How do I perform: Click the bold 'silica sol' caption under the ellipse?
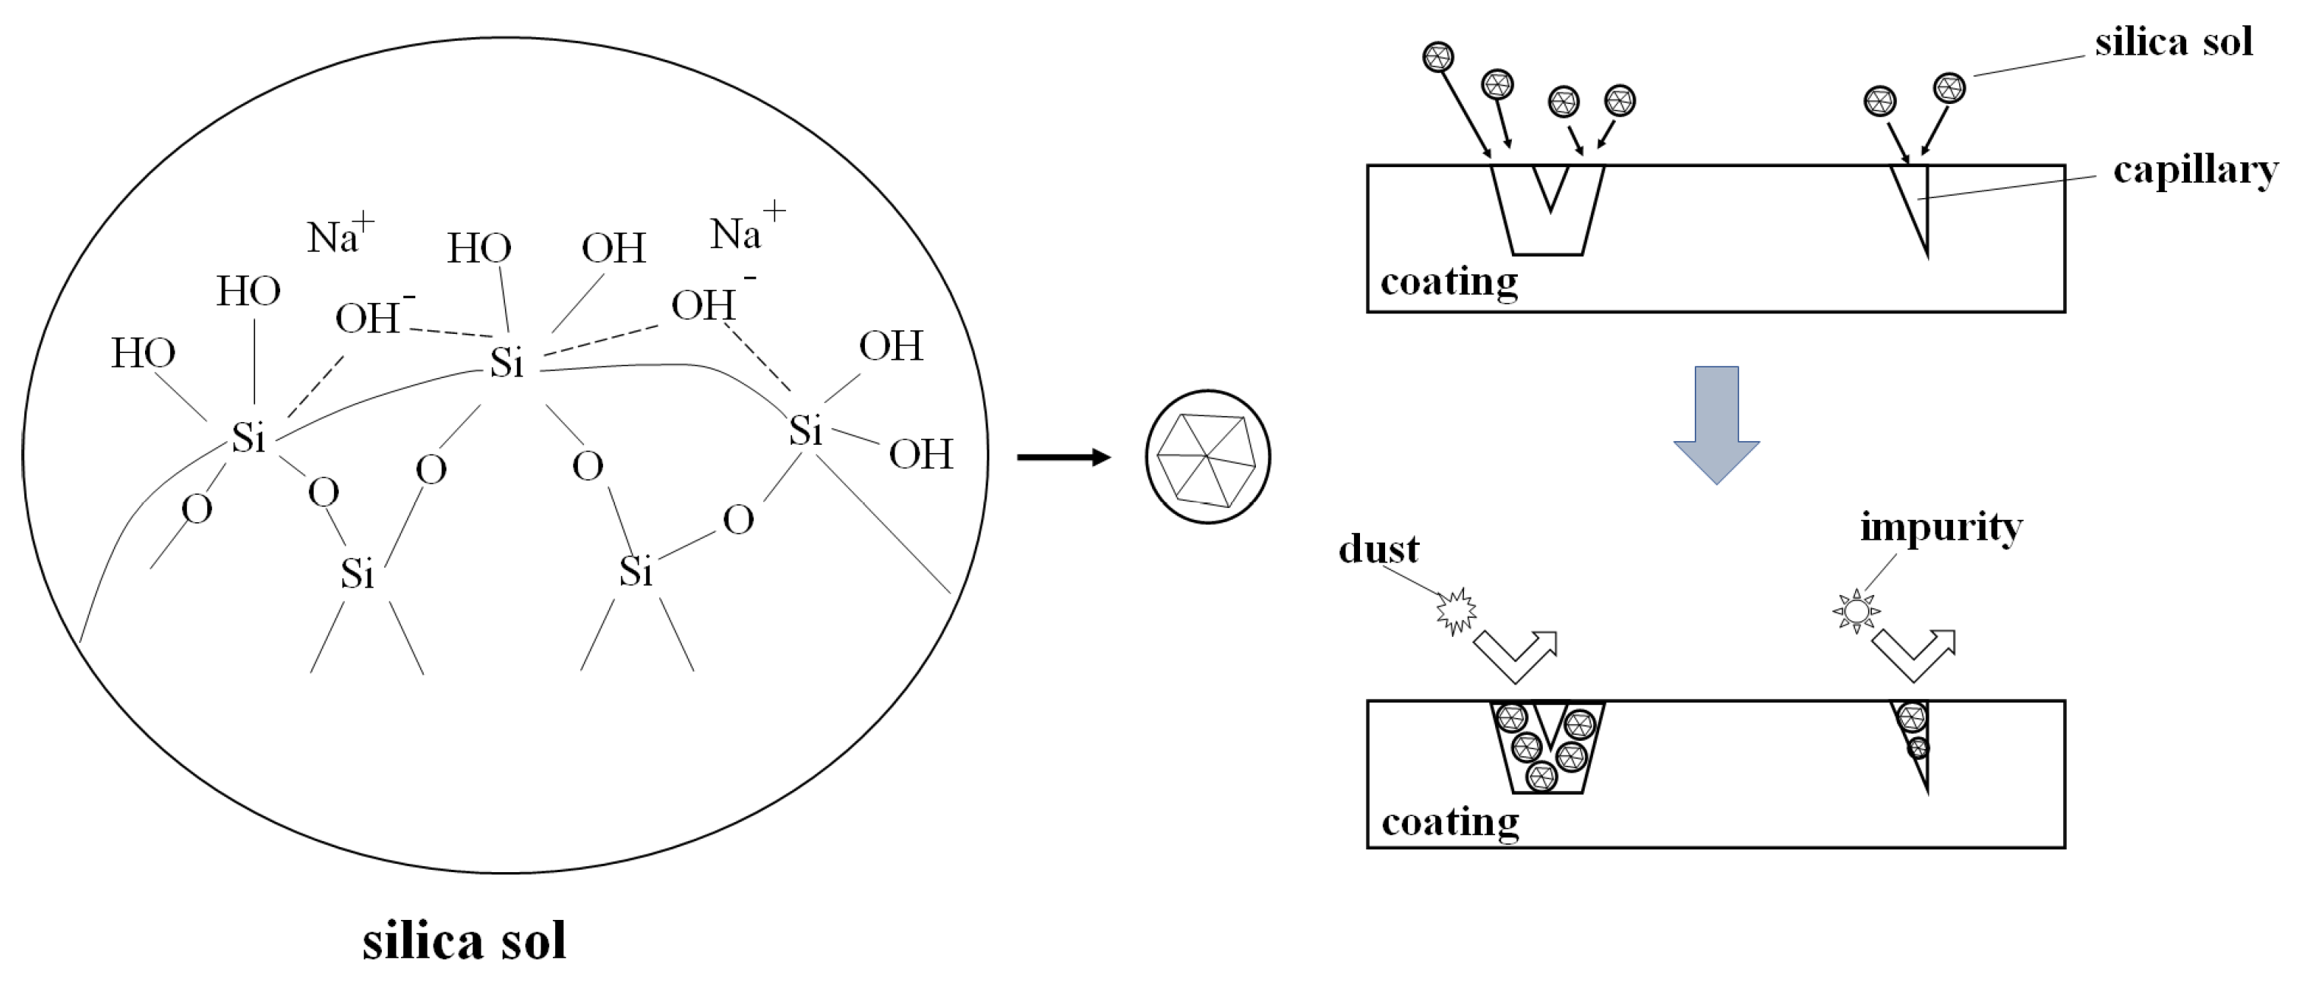click(464, 941)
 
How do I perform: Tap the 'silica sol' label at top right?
click(2173, 43)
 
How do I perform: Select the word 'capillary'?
click(2194, 170)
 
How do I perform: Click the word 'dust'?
click(1378, 549)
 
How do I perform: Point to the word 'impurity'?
click(1940, 528)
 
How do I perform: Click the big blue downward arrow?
click(1715, 424)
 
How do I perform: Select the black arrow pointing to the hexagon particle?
click(1064, 458)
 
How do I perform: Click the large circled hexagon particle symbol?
click(1207, 456)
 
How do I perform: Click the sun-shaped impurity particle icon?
click(1857, 612)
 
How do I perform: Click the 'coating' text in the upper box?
click(1449, 282)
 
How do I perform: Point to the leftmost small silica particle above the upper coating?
click(1437, 58)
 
